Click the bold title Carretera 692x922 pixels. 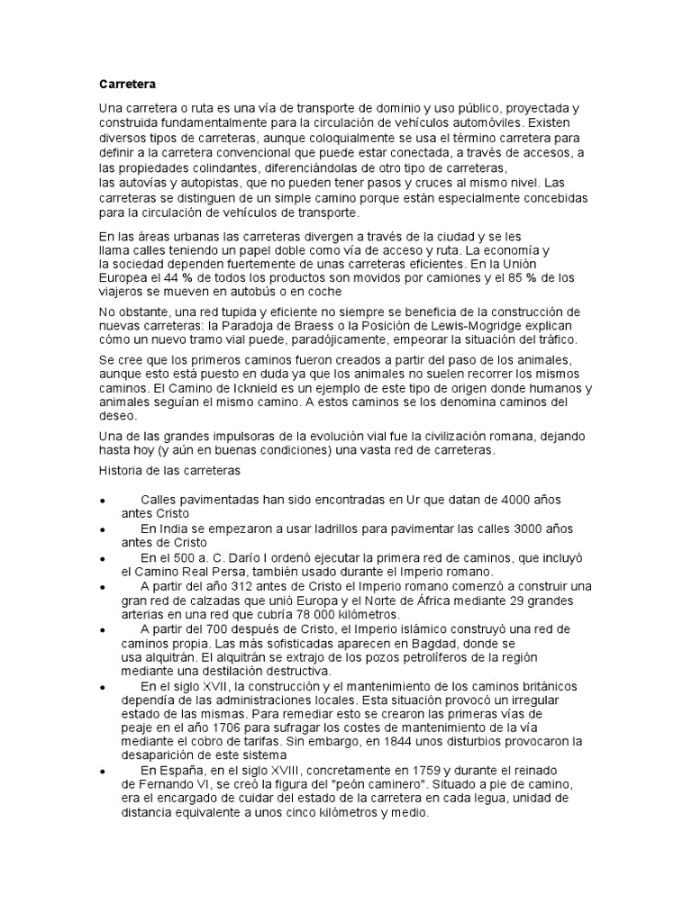pyautogui.click(x=127, y=85)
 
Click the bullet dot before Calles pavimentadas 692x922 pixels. pyautogui.click(x=104, y=500)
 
